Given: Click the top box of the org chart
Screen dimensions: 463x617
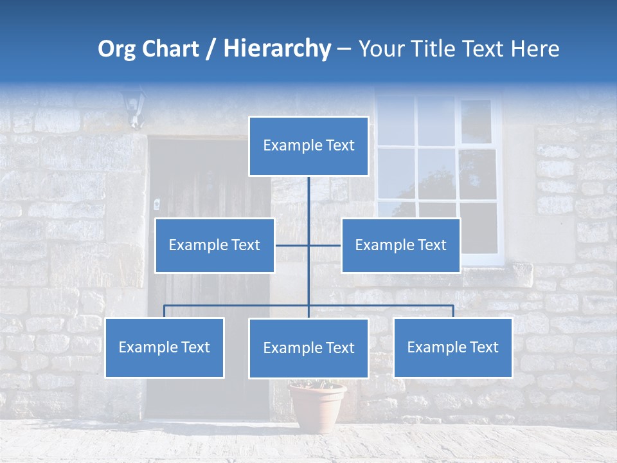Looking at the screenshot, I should point(308,146).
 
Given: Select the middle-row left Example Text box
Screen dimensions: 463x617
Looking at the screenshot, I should point(215,245).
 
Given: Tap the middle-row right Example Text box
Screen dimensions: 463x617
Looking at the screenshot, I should point(400,245).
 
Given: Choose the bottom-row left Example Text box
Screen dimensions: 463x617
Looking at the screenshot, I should point(165,347).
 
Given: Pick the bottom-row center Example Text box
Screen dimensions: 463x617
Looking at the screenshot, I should point(308,348).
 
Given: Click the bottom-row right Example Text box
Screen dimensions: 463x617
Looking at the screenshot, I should point(452,347).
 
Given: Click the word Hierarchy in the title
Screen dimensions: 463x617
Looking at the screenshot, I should point(276,49).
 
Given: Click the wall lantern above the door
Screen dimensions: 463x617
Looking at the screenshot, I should point(134,107).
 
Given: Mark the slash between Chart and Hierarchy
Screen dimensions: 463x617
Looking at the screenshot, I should point(211,50).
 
